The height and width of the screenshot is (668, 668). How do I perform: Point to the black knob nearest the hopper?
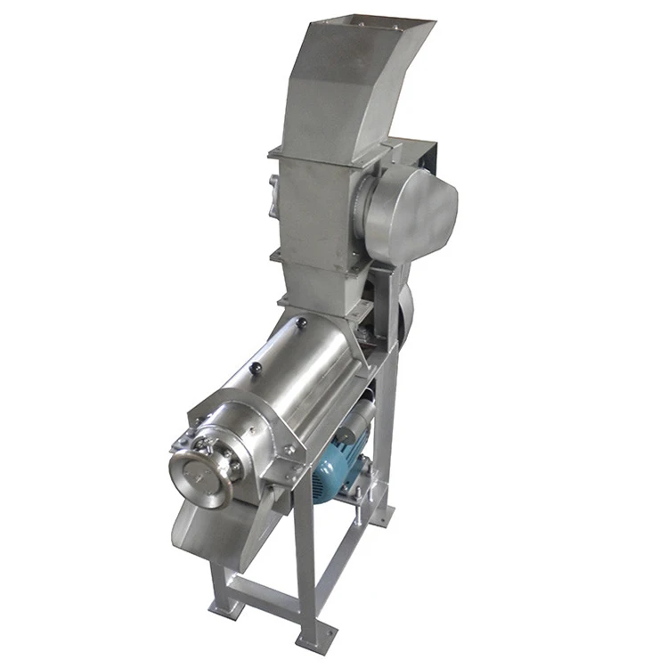tap(302, 322)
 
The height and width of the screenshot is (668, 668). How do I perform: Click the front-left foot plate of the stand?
tap(226, 607)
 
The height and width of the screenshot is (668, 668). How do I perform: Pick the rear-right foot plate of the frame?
tap(382, 516)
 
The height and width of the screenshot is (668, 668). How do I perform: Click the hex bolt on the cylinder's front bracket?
tap(289, 450)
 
